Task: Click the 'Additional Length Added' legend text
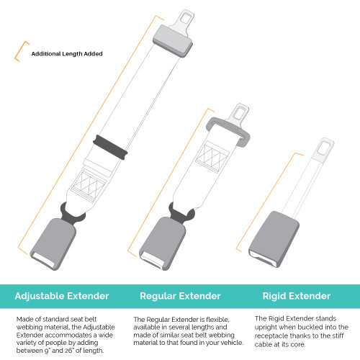(66, 53)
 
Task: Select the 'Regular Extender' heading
(180, 295)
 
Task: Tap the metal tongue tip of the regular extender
(238, 111)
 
